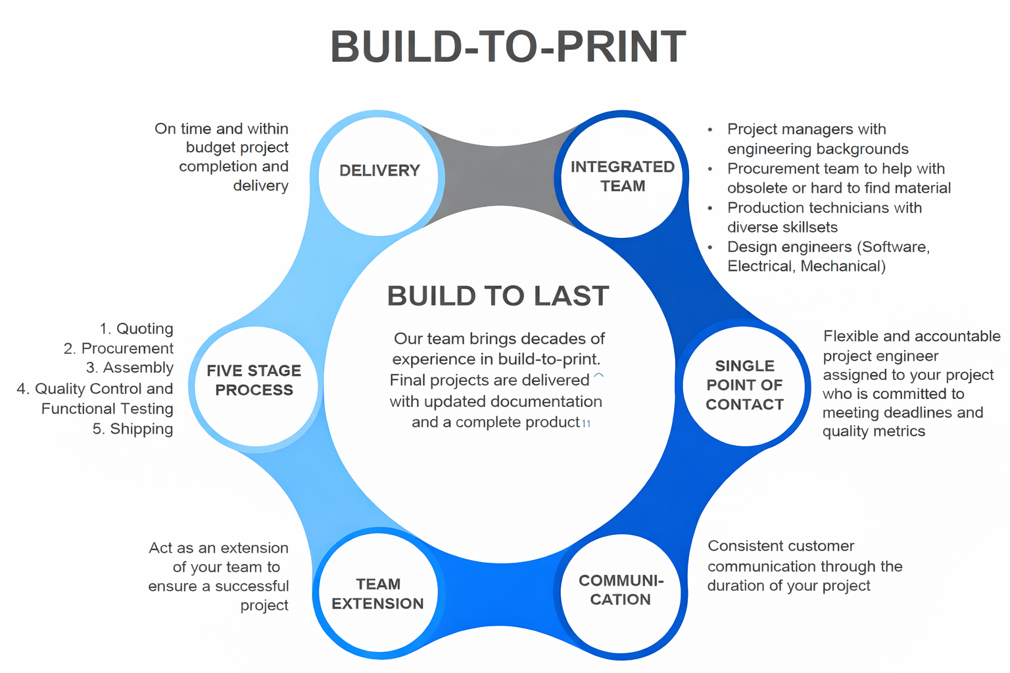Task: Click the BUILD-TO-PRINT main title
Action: [x=508, y=47]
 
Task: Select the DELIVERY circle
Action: [x=379, y=172]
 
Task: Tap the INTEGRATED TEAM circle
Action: [x=622, y=176]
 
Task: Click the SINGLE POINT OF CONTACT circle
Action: [x=744, y=385]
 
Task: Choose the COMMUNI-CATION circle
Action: [x=621, y=590]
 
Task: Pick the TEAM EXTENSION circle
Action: [x=378, y=593]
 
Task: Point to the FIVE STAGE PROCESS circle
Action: [x=254, y=381]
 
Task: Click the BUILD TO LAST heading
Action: [x=498, y=296]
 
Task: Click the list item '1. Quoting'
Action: [x=137, y=329]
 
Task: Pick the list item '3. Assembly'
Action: [x=130, y=368]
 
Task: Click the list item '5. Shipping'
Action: [x=133, y=429]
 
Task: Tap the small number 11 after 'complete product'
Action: [x=586, y=424]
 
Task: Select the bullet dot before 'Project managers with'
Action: [x=710, y=130]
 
